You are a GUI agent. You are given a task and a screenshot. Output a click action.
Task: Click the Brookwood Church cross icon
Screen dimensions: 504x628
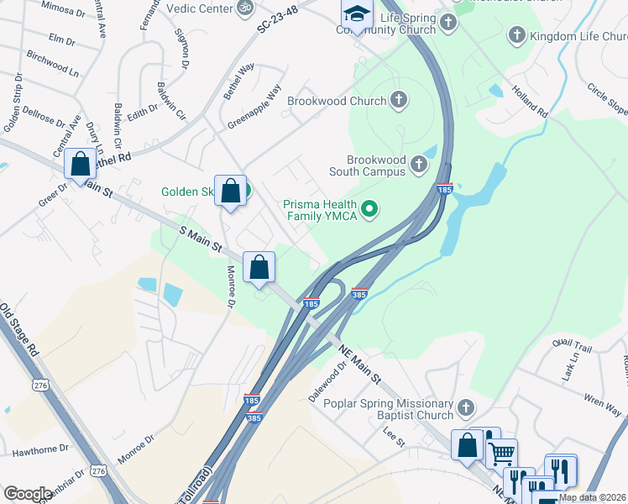398,101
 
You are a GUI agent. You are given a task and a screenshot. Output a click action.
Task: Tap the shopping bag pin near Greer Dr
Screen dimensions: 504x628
81,165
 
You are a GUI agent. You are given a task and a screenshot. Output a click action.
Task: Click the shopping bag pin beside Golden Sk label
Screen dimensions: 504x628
229,191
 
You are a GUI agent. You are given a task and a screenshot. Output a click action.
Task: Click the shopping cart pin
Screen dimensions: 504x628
501,454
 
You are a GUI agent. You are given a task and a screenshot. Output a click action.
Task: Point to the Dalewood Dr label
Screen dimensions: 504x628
338,382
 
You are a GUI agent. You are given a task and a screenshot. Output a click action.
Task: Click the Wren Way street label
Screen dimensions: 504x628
601,402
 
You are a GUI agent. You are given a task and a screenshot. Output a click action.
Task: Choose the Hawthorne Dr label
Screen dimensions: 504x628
41,450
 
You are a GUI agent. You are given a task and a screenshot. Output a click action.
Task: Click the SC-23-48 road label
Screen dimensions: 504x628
280,18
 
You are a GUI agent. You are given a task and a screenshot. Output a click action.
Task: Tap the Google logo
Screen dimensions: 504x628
28,494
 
